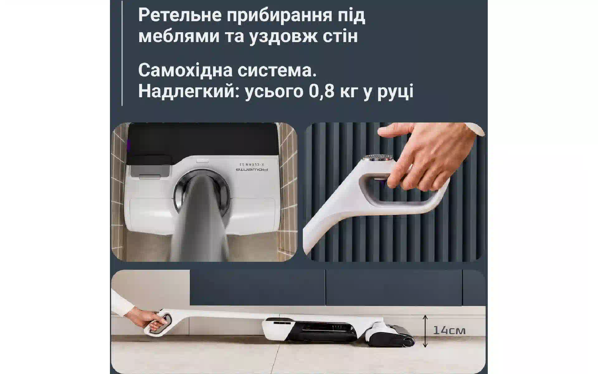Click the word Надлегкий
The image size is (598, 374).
pos(189,92)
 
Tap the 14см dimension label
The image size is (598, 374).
pos(449,330)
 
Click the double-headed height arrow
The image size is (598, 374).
pos(425,331)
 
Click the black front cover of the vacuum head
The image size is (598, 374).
pos(202,140)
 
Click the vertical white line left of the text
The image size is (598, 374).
pos(122,53)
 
